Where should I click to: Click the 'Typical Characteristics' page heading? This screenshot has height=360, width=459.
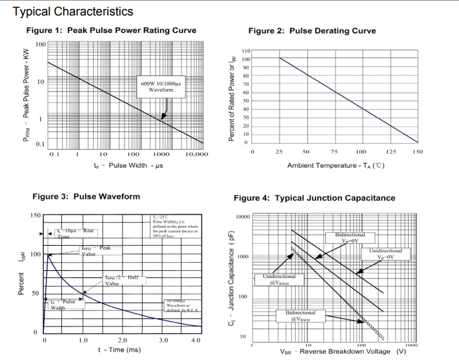pos(73,12)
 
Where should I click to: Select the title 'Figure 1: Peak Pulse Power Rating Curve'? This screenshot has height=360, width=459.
pos(111,30)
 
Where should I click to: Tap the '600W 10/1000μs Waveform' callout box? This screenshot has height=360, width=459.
pos(161,86)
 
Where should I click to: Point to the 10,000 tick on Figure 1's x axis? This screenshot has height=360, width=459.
pos(196,155)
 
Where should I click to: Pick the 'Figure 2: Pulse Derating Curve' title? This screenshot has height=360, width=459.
pos(312,30)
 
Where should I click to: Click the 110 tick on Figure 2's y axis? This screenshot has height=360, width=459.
pos(246,51)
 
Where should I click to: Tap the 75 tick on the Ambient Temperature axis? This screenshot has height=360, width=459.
pos(334,151)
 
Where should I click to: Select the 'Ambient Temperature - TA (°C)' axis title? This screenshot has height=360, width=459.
pos(336,166)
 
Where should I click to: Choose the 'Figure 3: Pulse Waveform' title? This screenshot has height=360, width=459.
pos(86,196)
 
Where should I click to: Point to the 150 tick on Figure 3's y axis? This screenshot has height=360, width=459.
pos(36,215)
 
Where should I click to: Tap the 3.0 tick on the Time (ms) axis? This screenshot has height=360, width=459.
pos(163,339)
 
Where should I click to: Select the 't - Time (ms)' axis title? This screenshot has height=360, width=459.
pos(119,350)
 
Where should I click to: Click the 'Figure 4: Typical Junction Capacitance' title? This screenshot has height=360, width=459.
pos(314,198)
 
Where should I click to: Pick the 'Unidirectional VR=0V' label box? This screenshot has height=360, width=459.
pos(386,254)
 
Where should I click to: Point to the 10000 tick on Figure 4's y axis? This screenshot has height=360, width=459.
pos(243,217)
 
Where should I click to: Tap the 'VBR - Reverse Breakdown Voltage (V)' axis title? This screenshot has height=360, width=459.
pos(343,352)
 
